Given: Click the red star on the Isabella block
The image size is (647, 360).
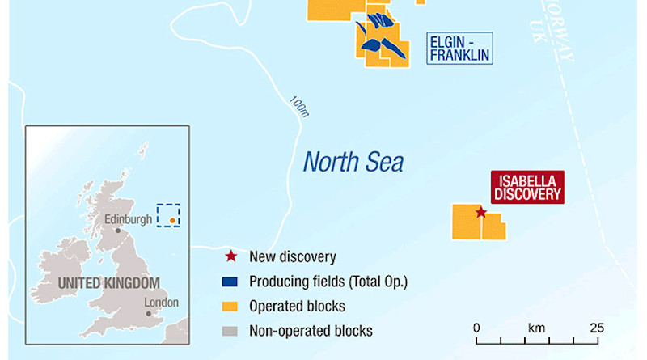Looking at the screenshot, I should (x=480, y=213).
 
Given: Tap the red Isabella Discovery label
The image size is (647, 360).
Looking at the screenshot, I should (x=527, y=186).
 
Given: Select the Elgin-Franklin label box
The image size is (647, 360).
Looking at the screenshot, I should (x=459, y=48).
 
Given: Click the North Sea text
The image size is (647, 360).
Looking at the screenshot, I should (x=353, y=162).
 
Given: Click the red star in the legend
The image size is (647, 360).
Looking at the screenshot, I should (x=231, y=257).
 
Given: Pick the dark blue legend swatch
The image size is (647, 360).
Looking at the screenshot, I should (x=231, y=282).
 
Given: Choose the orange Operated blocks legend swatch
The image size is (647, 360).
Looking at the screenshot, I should (x=231, y=307).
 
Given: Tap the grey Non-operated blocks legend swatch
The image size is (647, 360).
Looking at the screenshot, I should (x=231, y=330).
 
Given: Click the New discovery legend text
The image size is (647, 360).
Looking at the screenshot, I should (x=293, y=257).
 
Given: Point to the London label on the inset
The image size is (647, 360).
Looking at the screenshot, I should (x=161, y=302).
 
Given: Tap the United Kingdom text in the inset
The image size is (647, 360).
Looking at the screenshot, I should (x=109, y=283).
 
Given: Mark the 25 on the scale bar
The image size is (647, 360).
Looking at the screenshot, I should (x=596, y=328).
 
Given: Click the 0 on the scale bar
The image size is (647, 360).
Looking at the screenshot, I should (x=477, y=328).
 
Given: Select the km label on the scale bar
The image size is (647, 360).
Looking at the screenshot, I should (x=536, y=328).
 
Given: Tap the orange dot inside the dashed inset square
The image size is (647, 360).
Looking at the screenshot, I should (x=172, y=218).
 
